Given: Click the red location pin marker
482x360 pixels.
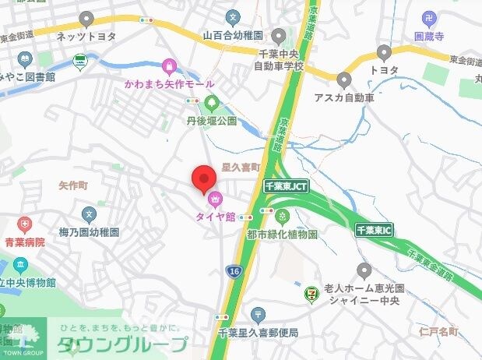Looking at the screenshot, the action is pos(204,178).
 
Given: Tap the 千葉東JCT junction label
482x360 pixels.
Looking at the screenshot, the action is pos(285,186).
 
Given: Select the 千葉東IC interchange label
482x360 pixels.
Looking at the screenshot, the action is pos(375,231).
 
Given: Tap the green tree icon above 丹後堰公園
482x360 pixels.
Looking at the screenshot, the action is pos(211,103).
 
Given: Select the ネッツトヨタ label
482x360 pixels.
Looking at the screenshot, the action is pos(86,35).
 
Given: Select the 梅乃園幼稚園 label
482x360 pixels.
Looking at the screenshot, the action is pos(89,232).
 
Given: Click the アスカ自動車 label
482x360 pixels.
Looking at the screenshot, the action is pos(344,97).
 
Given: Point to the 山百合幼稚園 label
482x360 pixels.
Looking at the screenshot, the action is pos(234,35).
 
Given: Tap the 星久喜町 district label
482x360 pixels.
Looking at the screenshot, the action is pos(239,167).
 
